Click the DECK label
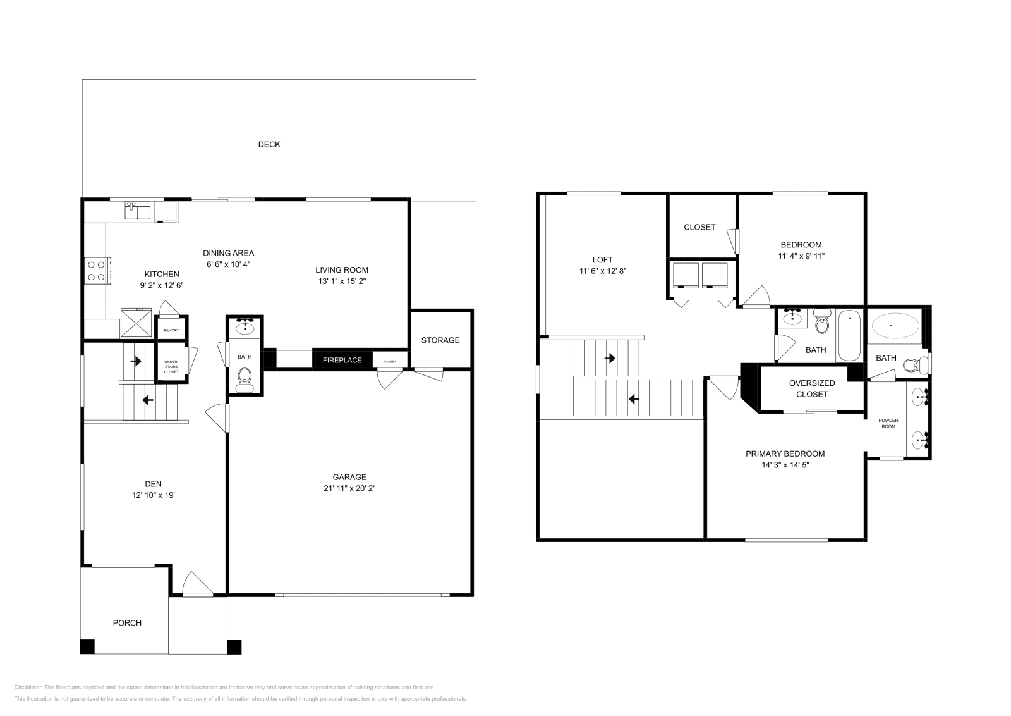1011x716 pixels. point(269,144)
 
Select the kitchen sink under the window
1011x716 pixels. point(138,211)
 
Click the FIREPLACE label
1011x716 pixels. point(342,360)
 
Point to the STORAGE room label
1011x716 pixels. point(440,340)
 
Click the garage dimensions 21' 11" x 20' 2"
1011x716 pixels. point(349,488)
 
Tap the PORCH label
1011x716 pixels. point(127,623)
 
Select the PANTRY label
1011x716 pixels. point(171,330)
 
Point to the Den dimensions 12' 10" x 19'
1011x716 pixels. point(149,495)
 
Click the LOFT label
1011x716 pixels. point(602,259)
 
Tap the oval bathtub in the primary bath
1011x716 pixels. point(895,326)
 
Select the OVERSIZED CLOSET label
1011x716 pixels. point(812,388)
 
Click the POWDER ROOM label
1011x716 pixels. point(888,423)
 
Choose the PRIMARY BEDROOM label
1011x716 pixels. point(785,454)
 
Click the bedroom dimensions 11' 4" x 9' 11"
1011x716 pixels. point(801,256)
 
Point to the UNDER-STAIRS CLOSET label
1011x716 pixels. point(171,366)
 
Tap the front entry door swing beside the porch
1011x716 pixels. point(197,584)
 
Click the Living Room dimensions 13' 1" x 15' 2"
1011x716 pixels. point(342,281)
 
